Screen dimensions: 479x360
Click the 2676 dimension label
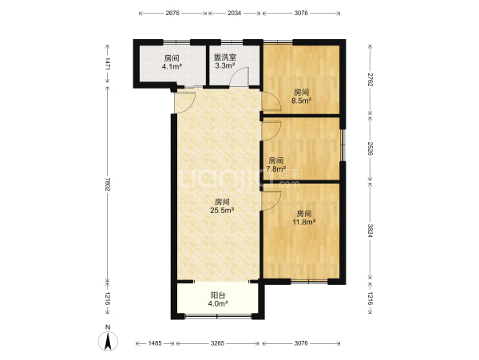172,13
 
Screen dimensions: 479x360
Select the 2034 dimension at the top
234,13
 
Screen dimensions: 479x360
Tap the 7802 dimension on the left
107,184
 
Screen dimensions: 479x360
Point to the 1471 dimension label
107,64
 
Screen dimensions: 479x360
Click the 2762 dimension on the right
370,79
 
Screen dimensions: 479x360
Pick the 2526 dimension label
370,148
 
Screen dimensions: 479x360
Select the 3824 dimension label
370,231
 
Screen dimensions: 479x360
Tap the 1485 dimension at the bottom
155,343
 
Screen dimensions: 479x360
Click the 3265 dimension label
217,343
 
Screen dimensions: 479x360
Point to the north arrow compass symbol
108,339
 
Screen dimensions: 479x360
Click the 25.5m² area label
222,210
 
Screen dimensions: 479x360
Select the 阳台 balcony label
218,295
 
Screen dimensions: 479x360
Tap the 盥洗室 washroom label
225,57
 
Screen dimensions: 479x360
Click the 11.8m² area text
304,222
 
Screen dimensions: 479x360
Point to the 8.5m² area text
301,101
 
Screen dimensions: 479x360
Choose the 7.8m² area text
276,168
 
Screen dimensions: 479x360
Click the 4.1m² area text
172,66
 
